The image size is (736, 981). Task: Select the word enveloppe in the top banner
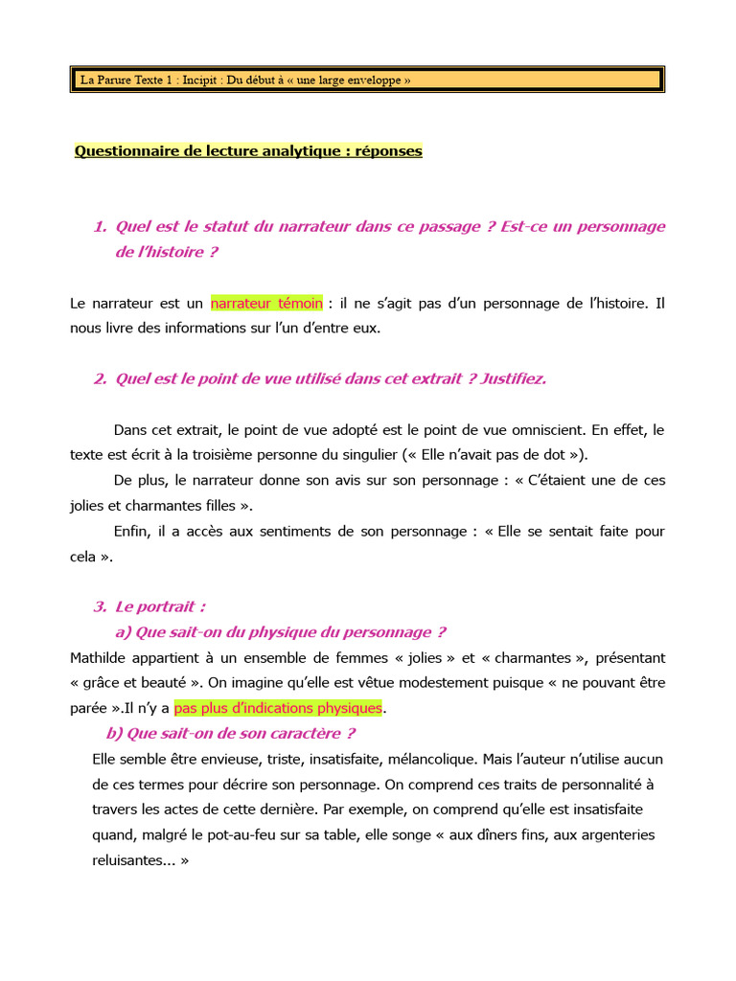pyautogui.click(x=377, y=80)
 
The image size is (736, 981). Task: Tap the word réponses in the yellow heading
pyautogui.click(x=389, y=151)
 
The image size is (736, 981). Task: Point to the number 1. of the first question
pyautogui.click(x=101, y=227)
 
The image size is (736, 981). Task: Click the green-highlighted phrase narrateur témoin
pyautogui.click(x=266, y=304)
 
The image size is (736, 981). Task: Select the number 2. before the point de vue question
pyautogui.click(x=101, y=379)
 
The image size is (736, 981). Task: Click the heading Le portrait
pyautogui.click(x=160, y=606)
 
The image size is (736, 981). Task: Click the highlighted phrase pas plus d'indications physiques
pyautogui.click(x=278, y=708)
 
